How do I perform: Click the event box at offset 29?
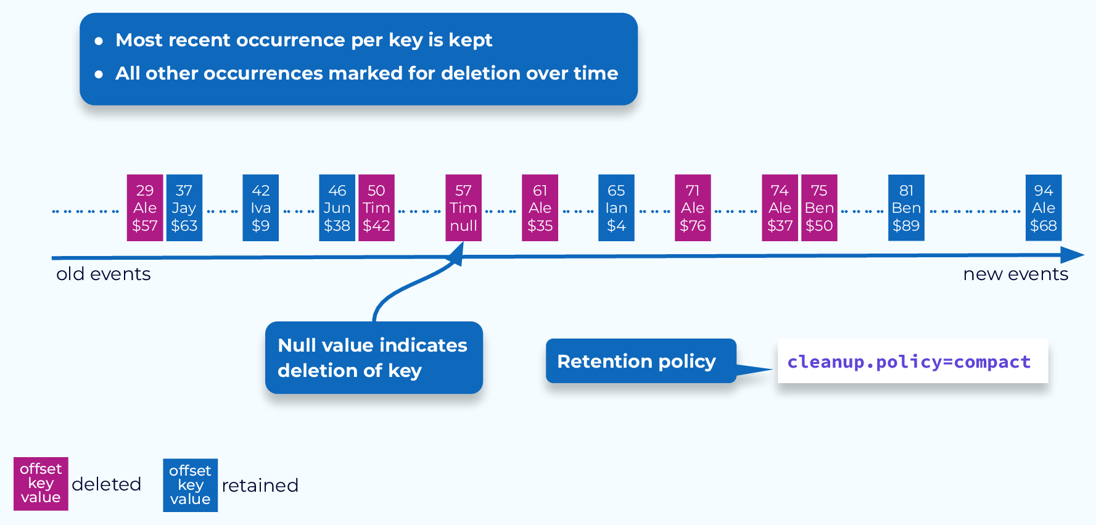(x=145, y=208)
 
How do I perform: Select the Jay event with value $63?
(x=184, y=208)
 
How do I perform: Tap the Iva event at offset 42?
(x=260, y=208)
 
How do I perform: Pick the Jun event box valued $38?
(x=337, y=208)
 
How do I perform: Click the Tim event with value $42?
(x=376, y=208)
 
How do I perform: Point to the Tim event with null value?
(x=463, y=208)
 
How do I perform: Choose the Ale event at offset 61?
(x=540, y=208)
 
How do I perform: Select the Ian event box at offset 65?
(x=616, y=208)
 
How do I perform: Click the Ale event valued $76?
(x=693, y=208)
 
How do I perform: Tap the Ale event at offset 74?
(x=780, y=208)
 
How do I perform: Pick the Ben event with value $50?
(x=819, y=208)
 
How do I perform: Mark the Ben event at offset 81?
(x=906, y=208)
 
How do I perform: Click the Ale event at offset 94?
(x=1044, y=208)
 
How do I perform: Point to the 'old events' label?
(x=104, y=274)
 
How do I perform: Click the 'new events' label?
(x=1015, y=274)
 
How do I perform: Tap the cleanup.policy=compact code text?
(x=909, y=362)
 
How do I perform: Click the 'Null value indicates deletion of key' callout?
(x=374, y=358)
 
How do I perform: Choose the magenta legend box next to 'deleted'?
(x=41, y=484)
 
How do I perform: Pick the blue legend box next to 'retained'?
(x=190, y=486)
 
